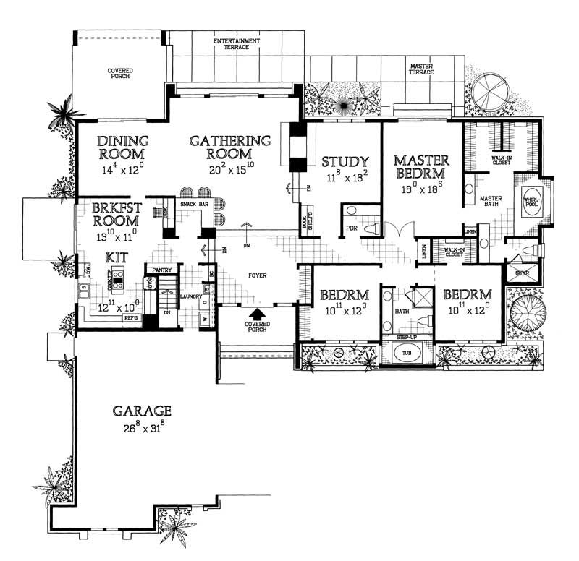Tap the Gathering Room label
[x=229, y=147]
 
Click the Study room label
[x=345, y=161]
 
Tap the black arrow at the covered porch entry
[x=256, y=314]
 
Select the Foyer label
[x=258, y=275]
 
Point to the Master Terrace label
[x=421, y=69]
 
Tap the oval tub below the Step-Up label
[x=407, y=354]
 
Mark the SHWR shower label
[x=520, y=273]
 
